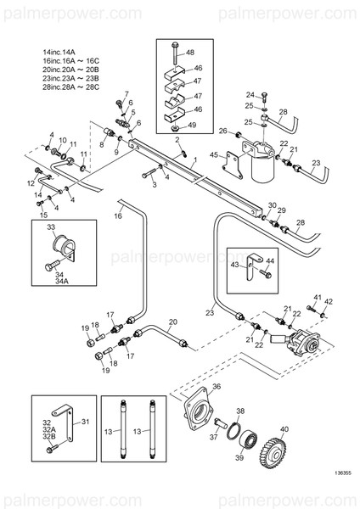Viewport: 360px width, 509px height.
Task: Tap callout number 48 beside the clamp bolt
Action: (x=189, y=52)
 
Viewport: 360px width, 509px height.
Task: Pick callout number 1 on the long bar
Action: (x=194, y=159)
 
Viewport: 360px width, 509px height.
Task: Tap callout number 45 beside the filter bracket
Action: (x=214, y=154)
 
